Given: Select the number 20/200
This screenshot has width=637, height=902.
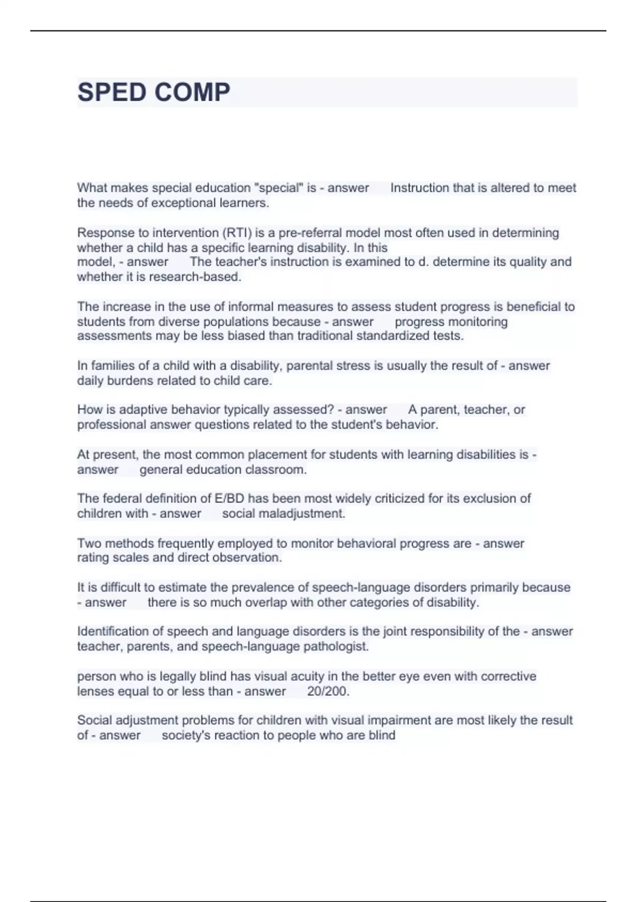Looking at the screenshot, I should [x=328, y=691].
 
